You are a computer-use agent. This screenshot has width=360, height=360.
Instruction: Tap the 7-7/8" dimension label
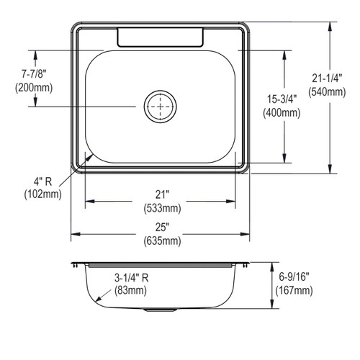34,74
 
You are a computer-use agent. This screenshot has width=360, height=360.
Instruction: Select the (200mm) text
34,88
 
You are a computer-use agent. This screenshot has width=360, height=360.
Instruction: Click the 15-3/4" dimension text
282,99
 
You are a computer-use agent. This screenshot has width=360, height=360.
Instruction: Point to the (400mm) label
282,113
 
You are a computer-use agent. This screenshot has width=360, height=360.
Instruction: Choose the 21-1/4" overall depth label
327,78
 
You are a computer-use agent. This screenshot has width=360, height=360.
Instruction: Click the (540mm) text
327,92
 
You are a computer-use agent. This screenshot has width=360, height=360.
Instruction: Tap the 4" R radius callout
42,181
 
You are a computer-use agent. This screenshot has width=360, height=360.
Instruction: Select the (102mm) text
42,194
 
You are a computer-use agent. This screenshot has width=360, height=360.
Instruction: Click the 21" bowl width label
162,194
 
